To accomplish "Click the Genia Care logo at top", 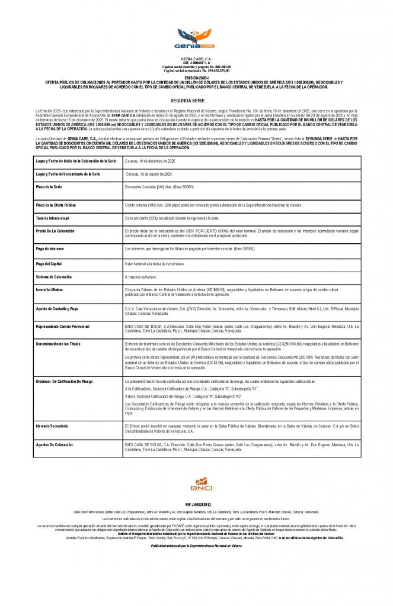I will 196,38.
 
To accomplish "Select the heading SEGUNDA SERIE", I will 196,101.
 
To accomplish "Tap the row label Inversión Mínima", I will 52,289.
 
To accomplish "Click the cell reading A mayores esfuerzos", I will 141,277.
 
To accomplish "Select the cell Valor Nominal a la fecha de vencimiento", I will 155,263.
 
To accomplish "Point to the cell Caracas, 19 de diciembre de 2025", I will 151,161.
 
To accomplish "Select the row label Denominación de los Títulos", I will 62,344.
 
